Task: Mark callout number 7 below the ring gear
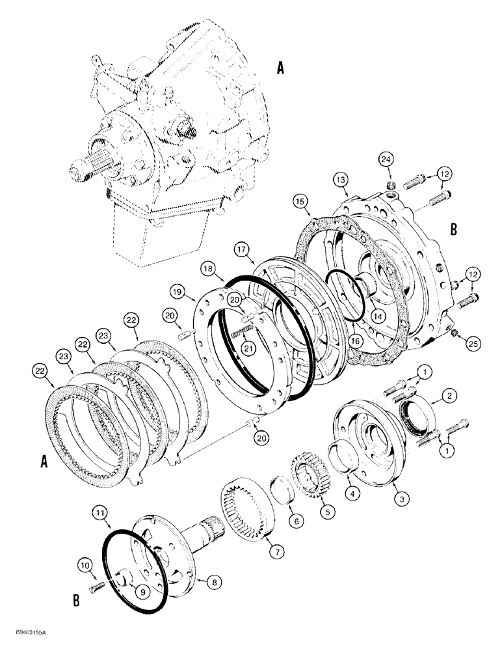(278, 551)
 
